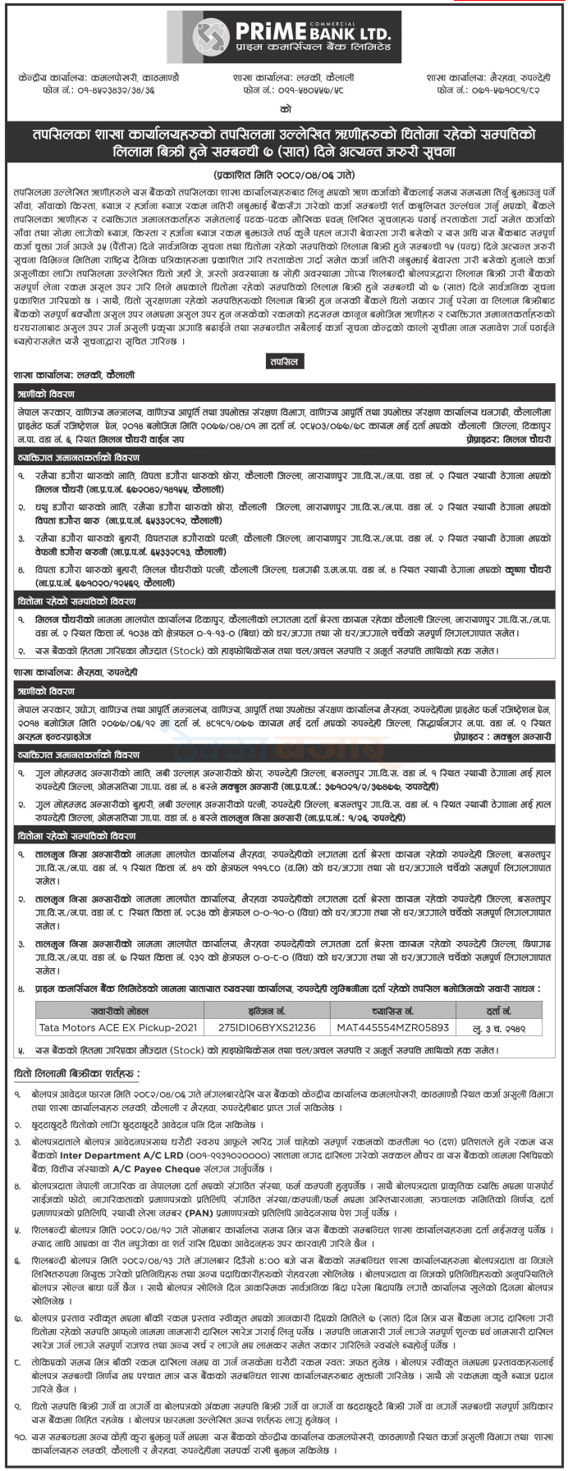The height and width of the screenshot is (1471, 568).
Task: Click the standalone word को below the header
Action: pos(284,109)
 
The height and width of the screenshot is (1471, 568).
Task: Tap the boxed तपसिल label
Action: pos(284,361)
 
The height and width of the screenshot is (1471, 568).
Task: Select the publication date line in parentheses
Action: pos(284,176)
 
